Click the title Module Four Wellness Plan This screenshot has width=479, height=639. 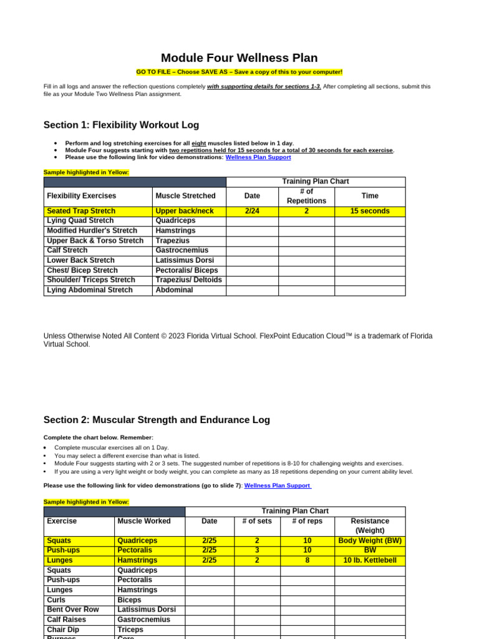(x=239, y=58)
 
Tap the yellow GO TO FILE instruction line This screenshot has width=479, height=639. (x=239, y=72)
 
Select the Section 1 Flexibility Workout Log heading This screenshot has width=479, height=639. (x=121, y=125)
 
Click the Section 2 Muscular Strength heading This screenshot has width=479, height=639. (x=157, y=420)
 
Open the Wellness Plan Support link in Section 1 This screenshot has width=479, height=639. (x=258, y=157)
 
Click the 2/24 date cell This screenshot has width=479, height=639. (x=252, y=211)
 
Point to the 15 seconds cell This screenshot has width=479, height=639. (x=369, y=211)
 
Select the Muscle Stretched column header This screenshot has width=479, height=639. (x=185, y=196)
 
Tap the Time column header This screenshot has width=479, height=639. (x=369, y=196)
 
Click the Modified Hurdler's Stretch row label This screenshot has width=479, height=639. (x=92, y=231)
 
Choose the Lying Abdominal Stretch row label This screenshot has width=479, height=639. (x=90, y=290)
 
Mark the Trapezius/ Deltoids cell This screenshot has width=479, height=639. (x=188, y=280)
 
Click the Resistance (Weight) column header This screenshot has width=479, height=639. (x=369, y=525)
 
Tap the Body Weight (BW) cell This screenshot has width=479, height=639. (x=369, y=540)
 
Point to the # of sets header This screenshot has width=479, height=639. (x=256, y=521)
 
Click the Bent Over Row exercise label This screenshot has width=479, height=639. (x=73, y=610)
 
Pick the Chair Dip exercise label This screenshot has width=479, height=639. (x=64, y=630)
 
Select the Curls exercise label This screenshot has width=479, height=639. (x=56, y=600)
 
